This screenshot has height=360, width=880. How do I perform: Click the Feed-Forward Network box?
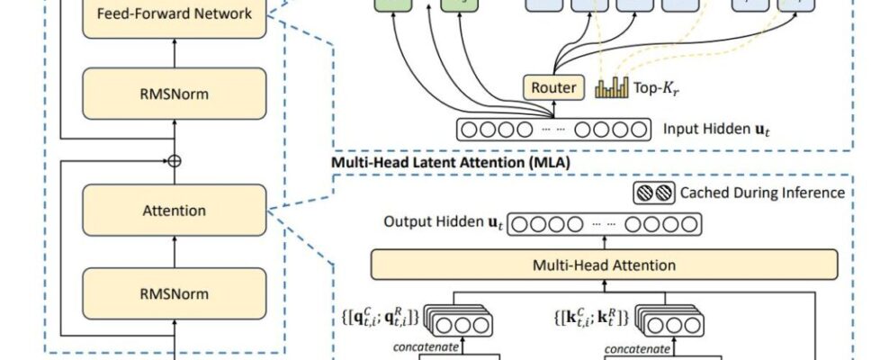click(175, 15)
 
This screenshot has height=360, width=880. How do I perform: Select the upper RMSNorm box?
click(175, 93)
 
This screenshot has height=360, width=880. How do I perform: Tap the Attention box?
click(175, 211)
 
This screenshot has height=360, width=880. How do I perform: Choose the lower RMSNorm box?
click(175, 293)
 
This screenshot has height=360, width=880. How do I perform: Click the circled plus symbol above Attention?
click(175, 161)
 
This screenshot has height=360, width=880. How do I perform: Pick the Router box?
click(552, 87)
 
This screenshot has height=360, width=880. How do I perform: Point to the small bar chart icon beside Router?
click(612, 86)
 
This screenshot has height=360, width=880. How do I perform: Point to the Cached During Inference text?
click(762, 192)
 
